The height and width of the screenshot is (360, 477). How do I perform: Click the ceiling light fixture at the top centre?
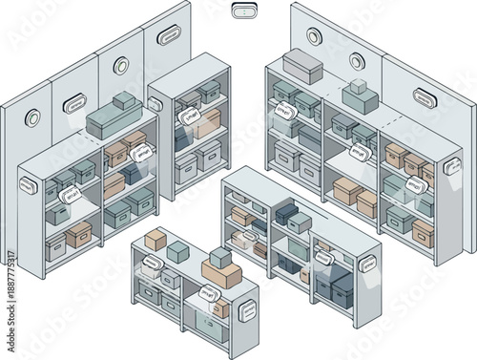244,11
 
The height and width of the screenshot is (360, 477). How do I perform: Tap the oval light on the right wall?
425,96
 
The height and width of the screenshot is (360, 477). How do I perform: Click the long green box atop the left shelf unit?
114,121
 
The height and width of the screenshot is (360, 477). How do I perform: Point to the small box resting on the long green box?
123,101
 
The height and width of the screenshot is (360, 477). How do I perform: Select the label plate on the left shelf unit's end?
27,184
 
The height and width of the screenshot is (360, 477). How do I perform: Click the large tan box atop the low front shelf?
221,275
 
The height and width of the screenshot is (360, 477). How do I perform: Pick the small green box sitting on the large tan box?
220,257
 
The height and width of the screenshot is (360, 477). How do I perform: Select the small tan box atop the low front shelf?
156,240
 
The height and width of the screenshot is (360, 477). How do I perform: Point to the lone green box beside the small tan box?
178,251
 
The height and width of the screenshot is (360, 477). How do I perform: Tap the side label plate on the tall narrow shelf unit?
156,104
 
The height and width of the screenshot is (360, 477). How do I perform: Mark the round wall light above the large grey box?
314,35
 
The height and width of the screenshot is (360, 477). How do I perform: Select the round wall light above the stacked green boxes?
357,62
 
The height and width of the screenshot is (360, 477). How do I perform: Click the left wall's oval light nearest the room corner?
169,37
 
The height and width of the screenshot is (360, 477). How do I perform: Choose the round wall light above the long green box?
120,66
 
